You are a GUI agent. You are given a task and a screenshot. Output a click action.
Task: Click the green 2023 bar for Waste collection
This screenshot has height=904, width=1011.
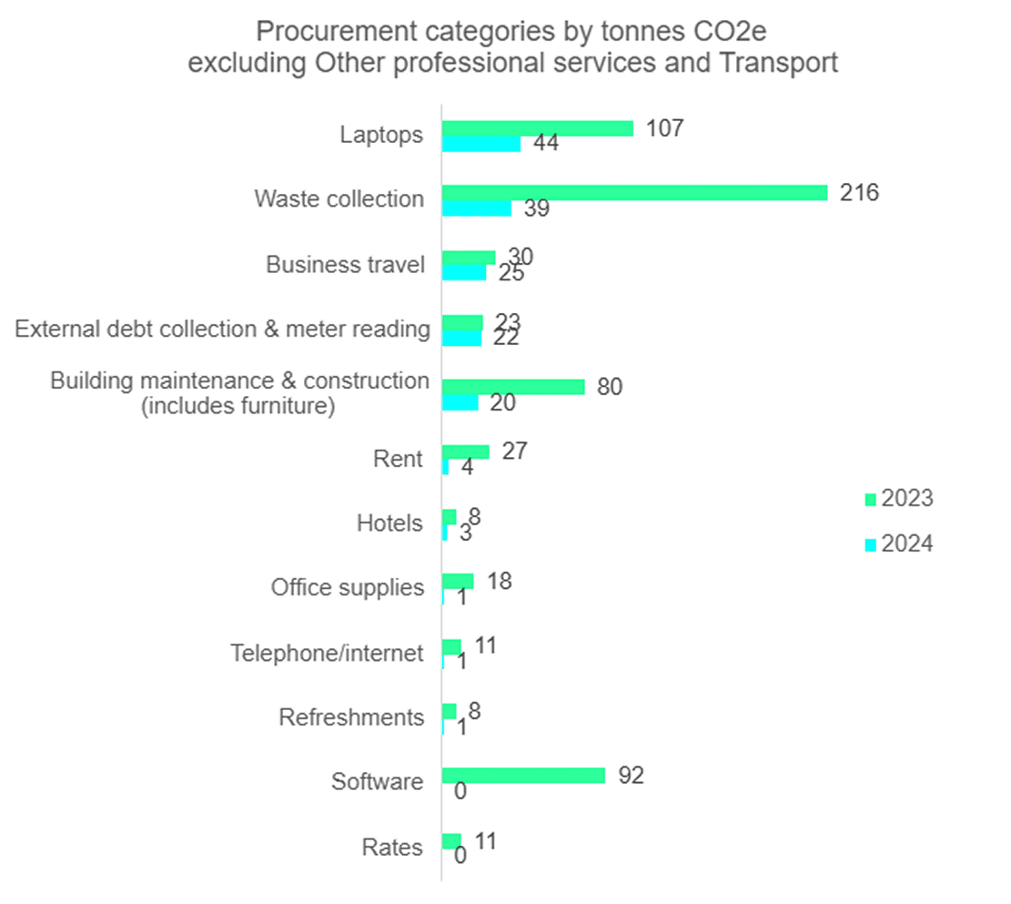[x=634, y=193]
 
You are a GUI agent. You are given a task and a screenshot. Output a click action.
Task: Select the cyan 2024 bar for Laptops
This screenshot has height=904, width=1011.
[x=481, y=144]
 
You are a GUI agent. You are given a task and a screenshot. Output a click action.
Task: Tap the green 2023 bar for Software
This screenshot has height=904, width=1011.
[x=523, y=776]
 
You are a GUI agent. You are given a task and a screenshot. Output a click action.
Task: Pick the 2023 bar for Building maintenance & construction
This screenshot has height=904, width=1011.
[x=513, y=387]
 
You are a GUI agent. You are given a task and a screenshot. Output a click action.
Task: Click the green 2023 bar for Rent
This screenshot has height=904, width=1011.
[x=466, y=452]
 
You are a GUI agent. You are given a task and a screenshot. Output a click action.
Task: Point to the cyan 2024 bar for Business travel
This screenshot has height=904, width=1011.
[x=464, y=273]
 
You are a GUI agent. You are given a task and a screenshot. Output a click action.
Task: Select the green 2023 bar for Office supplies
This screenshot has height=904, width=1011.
[x=458, y=581]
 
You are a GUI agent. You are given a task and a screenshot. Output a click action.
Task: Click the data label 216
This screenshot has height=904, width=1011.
[x=859, y=193]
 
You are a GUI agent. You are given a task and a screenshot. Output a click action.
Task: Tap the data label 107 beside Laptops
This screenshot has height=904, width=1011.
[x=664, y=128]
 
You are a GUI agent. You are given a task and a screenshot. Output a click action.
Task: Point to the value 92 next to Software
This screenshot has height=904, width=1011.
[x=630, y=776]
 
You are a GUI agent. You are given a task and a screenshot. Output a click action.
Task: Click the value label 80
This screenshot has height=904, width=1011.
[x=609, y=387]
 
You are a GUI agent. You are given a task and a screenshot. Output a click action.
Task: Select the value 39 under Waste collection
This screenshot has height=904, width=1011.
[x=538, y=208]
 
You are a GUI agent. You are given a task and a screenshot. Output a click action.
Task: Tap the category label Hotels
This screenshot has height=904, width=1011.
[x=390, y=523]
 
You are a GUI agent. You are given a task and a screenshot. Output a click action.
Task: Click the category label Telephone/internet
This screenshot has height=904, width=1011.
[x=328, y=653]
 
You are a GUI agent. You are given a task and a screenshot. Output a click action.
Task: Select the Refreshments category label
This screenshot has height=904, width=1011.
[x=351, y=717]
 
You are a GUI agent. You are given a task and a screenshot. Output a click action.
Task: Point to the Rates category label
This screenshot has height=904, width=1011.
[x=392, y=848]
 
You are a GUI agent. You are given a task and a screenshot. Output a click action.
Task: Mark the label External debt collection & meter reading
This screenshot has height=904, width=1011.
[x=223, y=329]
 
